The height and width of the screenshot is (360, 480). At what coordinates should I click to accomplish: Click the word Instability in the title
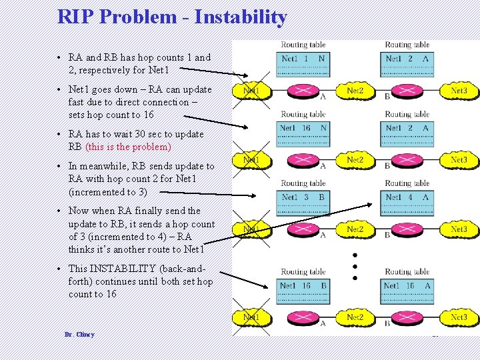point(241,17)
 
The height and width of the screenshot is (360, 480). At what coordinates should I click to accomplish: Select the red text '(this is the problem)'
point(128,147)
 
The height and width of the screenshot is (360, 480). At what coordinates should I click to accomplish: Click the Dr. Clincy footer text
point(79,334)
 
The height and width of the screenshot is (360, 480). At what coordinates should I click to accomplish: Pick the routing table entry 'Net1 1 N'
point(303,59)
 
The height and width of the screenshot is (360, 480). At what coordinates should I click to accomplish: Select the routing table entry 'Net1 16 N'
point(303,128)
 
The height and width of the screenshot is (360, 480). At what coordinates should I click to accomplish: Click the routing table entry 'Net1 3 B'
point(303,197)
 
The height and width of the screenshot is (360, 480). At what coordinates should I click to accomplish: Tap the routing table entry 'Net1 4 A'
point(407,197)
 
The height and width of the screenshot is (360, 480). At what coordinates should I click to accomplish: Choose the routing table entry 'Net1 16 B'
point(303,285)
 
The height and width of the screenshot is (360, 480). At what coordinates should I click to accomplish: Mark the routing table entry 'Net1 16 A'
point(407,285)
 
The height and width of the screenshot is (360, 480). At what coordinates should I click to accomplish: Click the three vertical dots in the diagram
point(355,266)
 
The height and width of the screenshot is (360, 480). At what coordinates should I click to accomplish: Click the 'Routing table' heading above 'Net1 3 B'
point(303,183)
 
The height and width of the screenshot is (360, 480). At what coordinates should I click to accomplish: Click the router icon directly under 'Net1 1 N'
point(303,90)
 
